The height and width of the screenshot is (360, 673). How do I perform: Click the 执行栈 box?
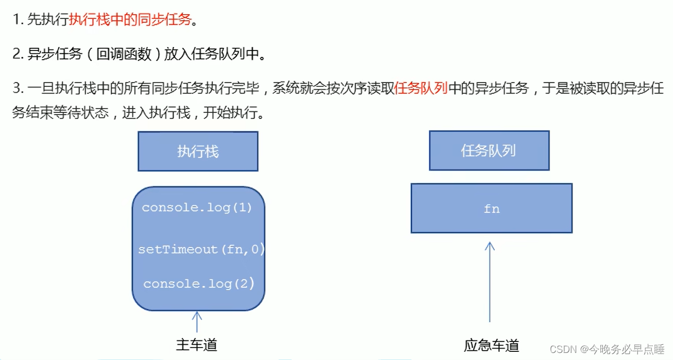[198, 151]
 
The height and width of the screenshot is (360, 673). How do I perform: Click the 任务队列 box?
[489, 150]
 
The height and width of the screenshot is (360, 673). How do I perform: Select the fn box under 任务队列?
[492, 209]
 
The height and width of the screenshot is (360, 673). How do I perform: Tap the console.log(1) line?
[197, 208]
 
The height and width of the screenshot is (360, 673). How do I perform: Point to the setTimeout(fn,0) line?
[201, 250]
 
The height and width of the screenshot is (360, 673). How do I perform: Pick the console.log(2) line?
[199, 284]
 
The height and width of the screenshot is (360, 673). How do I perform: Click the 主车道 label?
[197, 345]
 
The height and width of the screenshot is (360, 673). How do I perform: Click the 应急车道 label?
[492, 345]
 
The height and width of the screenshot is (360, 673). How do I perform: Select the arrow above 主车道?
[197, 321]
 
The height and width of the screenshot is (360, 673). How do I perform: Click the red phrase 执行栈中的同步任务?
[130, 21]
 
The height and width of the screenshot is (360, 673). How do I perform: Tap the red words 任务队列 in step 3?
[421, 88]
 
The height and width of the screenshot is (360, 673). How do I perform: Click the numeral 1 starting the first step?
[16, 21]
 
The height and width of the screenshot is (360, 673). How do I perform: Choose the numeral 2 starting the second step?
[16, 54]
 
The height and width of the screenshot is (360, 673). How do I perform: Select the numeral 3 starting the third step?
[16, 88]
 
